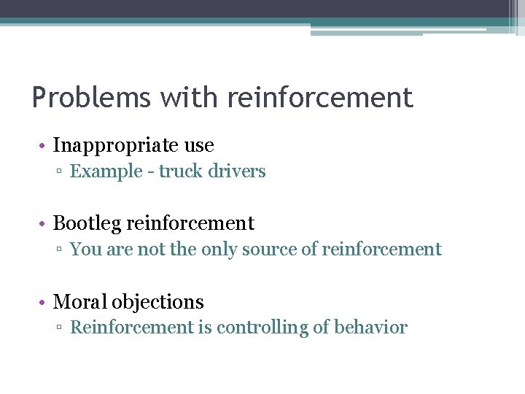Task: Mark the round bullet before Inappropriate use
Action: (44, 146)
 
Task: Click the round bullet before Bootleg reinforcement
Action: (44, 223)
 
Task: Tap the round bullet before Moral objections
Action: (44, 302)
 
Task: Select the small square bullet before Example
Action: (62, 172)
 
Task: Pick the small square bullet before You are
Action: (62, 250)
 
